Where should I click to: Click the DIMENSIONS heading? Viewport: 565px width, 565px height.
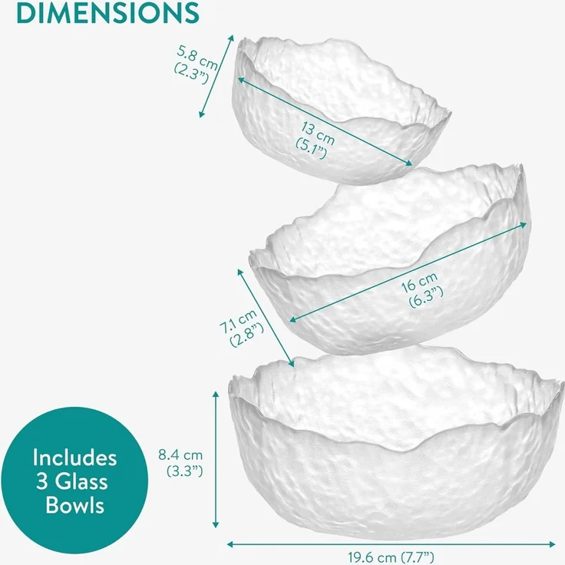(107, 12)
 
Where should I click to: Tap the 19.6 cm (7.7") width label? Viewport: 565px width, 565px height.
(391, 557)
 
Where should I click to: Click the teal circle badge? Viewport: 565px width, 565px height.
(74, 481)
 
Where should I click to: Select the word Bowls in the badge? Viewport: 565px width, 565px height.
(75, 505)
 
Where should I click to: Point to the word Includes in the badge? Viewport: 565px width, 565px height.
(74, 458)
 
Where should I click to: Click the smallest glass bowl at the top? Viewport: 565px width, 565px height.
(341, 110)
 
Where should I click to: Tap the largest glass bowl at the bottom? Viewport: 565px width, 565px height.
(395, 443)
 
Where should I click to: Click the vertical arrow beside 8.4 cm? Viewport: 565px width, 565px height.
(216, 459)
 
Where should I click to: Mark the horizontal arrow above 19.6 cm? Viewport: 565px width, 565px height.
(391, 544)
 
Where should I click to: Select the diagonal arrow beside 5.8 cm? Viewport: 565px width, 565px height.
(216, 76)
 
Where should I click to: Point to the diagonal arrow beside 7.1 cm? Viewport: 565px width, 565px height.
(266, 318)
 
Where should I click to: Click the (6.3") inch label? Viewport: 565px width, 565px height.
(426, 297)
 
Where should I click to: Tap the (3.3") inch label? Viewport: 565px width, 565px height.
(185, 471)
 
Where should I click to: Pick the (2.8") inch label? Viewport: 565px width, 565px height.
(247, 335)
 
